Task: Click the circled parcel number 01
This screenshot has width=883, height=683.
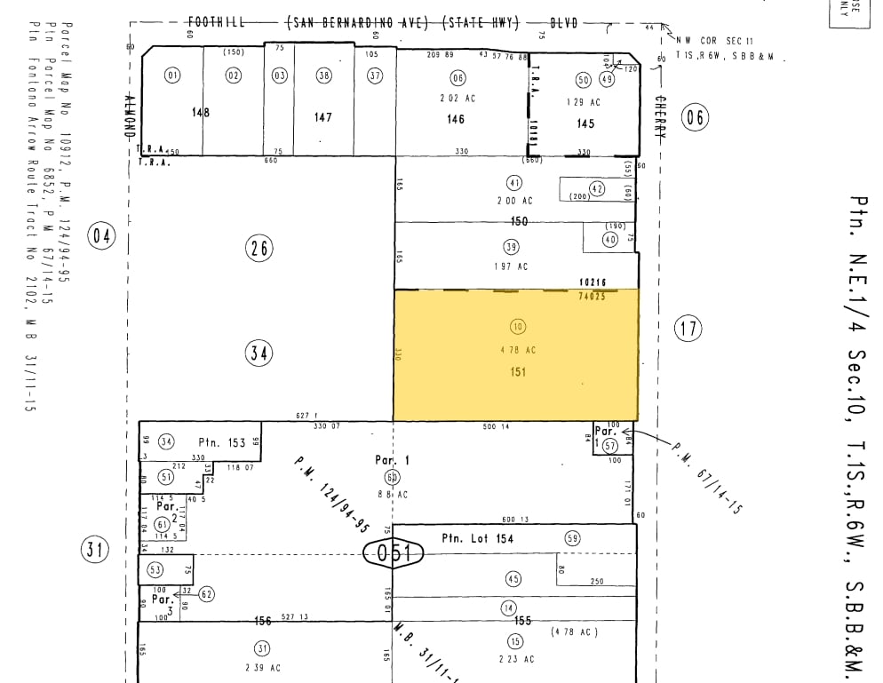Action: (172, 75)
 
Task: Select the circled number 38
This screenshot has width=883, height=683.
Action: (323, 75)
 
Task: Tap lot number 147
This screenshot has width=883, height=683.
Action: (322, 117)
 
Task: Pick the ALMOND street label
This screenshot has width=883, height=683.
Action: (130, 115)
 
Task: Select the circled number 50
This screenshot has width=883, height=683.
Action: (584, 80)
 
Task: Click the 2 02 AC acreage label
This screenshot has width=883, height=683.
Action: (457, 99)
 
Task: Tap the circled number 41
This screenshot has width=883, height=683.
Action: (514, 183)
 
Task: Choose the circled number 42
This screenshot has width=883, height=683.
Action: (597, 188)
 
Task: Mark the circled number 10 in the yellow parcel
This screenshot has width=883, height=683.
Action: (518, 326)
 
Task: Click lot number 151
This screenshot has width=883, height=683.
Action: (518, 372)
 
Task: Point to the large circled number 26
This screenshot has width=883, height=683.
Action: (259, 249)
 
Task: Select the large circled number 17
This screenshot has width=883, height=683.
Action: (688, 329)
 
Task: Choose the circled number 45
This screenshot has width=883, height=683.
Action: (513, 579)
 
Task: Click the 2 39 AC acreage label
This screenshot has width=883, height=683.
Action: (263, 667)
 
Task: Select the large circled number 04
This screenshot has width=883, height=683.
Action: (102, 236)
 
